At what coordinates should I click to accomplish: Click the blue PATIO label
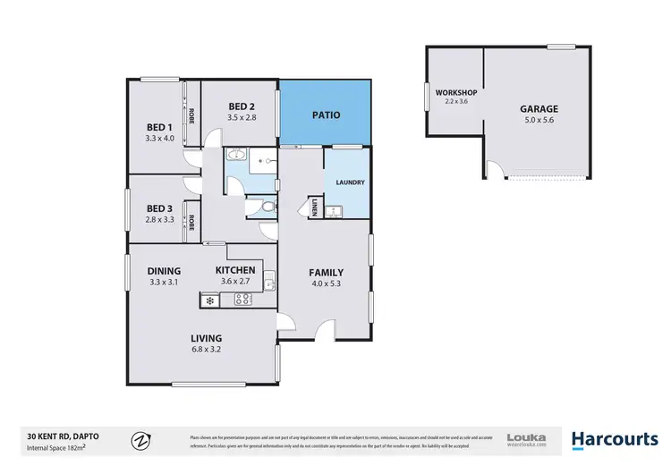325,115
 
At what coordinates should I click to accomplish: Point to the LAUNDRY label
349,182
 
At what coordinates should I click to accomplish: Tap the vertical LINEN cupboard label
315,208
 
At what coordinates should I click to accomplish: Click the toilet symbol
268,207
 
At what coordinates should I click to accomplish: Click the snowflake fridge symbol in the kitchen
210,300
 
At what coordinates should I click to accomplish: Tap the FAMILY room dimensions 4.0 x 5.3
326,285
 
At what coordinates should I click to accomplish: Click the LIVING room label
205,338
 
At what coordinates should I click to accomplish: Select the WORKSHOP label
455,93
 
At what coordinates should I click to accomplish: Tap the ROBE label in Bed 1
191,115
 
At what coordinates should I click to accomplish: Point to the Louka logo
526,439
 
